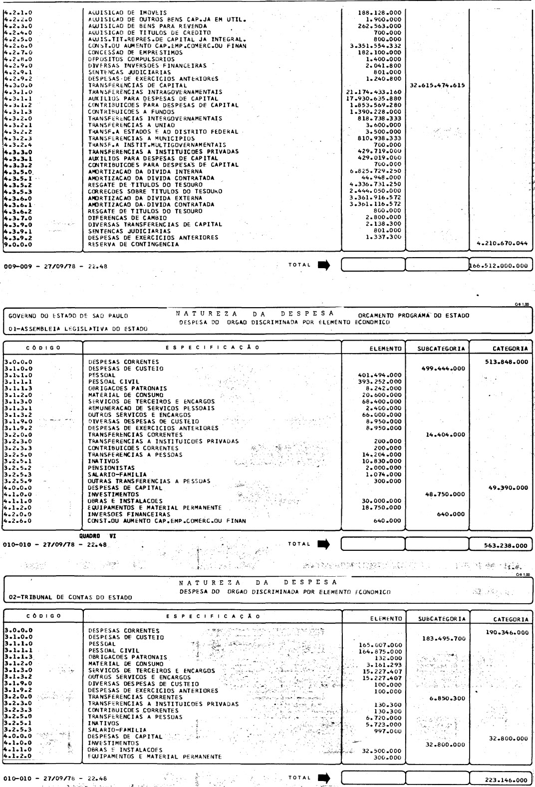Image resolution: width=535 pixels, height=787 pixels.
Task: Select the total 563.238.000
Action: [506, 546]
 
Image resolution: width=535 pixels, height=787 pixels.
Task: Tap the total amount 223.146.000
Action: [506, 780]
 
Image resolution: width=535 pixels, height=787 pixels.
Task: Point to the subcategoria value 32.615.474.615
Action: [437, 85]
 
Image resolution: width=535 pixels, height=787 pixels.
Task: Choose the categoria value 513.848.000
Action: [506, 362]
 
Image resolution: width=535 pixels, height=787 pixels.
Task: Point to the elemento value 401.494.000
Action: [380, 375]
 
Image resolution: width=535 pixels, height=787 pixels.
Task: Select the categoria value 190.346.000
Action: [506, 632]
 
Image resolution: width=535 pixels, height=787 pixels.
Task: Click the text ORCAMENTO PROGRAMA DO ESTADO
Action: [414, 316]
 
